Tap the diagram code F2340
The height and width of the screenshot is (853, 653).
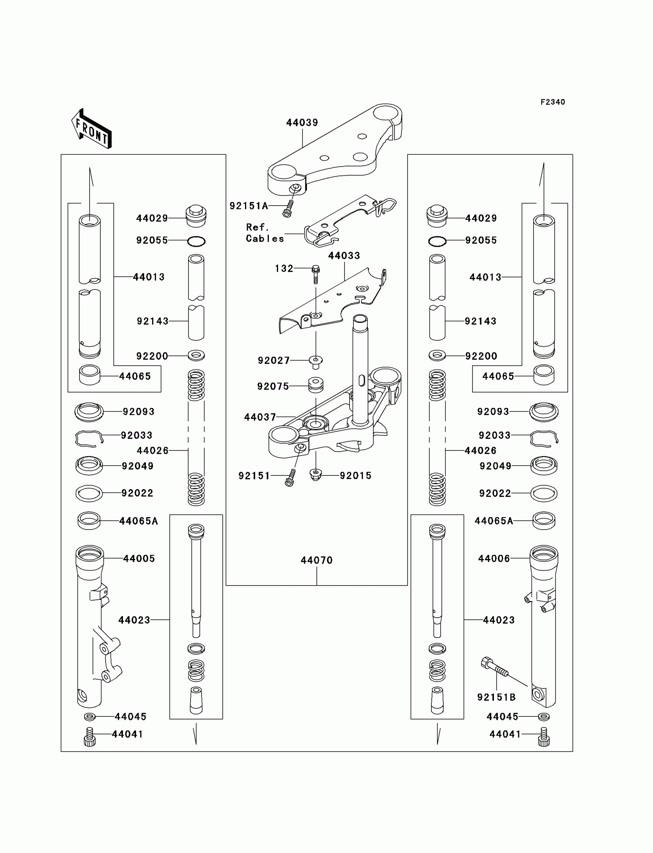552,102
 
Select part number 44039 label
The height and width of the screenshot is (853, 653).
302,123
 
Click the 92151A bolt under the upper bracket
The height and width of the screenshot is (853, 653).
288,209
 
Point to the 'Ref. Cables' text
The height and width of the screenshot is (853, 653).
264,233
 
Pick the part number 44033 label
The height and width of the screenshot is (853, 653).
344,256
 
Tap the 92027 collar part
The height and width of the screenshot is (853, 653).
316,362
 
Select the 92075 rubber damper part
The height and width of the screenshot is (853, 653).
316,385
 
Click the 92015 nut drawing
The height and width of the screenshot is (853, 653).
316,474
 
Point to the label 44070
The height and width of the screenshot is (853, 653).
317,560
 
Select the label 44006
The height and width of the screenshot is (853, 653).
494,559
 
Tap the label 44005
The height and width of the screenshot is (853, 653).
139,559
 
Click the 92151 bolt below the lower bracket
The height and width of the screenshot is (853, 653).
290,478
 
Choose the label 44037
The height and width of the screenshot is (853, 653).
260,417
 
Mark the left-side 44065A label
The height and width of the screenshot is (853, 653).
138,521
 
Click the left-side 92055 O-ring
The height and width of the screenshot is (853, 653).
196,241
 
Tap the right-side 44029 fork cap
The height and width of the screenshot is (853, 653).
437,216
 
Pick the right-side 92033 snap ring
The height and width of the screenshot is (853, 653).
544,437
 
